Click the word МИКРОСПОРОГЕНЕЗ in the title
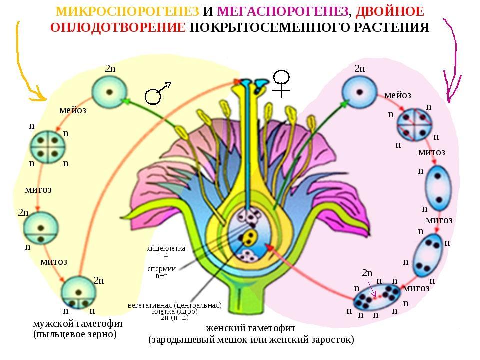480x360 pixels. [x=127, y=11]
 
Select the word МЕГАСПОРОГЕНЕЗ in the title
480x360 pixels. [x=283, y=11]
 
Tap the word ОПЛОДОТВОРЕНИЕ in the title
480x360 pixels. [x=118, y=27]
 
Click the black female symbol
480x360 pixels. [x=281, y=84]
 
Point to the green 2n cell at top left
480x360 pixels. [x=109, y=92]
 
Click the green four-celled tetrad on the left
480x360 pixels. [x=48, y=147]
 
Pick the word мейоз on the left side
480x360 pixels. [x=73, y=110]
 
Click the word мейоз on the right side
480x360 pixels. [x=398, y=95]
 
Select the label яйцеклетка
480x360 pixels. [x=166, y=248]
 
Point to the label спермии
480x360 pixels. [x=161, y=269]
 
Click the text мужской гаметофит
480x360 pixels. [x=78, y=323]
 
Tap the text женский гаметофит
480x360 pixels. [x=251, y=328]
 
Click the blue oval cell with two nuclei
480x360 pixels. [x=438, y=188]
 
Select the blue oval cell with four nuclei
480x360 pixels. [x=428, y=256]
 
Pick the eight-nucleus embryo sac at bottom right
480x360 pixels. [x=377, y=297]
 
